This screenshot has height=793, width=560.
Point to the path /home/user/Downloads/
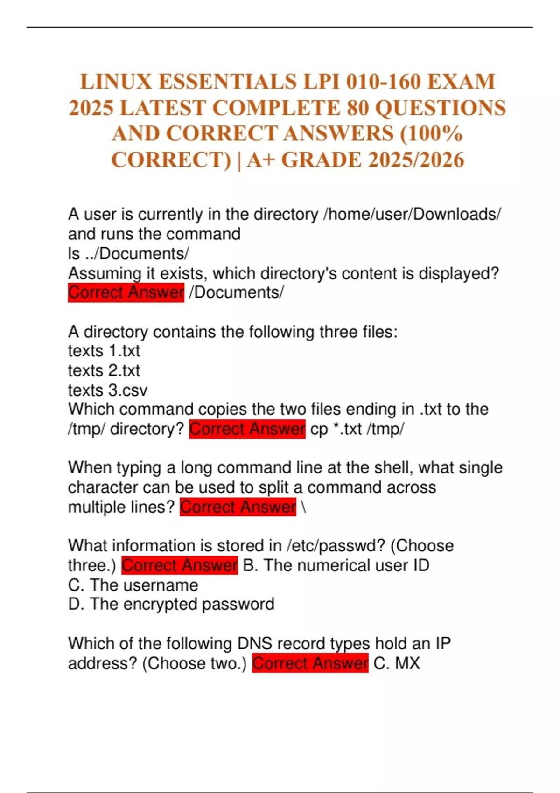412,215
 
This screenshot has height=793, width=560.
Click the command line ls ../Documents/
128,254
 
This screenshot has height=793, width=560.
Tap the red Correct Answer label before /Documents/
126,292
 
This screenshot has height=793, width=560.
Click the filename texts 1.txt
104,351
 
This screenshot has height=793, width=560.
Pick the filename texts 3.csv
107,390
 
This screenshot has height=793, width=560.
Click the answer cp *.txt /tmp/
357,429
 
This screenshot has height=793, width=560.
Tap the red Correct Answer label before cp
247,429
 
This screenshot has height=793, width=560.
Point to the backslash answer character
304,507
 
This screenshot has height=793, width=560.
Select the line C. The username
133,585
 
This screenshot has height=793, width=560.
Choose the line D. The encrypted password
171,604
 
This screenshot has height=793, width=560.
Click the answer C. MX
397,663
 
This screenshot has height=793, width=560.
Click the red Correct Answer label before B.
180,565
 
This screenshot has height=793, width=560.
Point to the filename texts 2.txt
104,370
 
